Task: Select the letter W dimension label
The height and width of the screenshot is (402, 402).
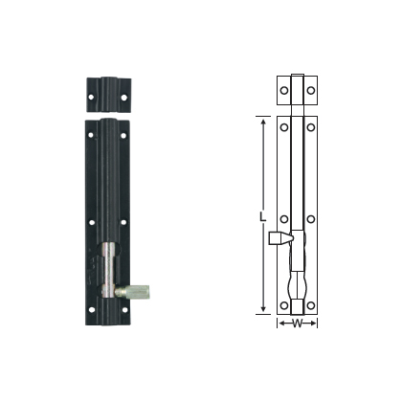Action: pyautogui.click(x=297, y=323)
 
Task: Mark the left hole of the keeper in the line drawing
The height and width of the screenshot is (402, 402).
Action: pyautogui.click(x=284, y=91)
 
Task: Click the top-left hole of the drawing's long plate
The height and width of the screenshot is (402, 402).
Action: pyautogui.click(x=284, y=126)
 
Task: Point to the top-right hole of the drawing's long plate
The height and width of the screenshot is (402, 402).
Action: pyautogui.click(x=310, y=126)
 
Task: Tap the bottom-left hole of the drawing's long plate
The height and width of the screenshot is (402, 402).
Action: pyautogui.click(x=284, y=306)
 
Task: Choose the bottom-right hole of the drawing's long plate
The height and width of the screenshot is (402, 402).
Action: pyautogui.click(x=310, y=306)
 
